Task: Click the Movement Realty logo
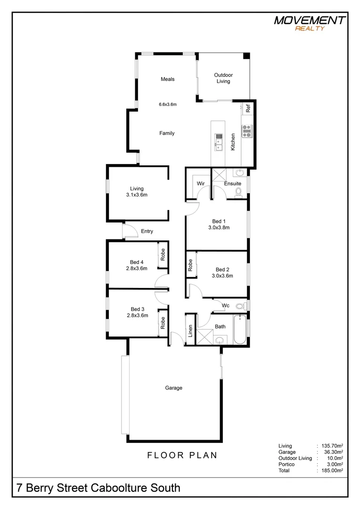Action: (x=310, y=23)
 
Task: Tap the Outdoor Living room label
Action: (x=223, y=78)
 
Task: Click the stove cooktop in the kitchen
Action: (x=247, y=131)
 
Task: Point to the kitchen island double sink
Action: (x=219, y=142)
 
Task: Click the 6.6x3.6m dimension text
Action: (x=167, y=105)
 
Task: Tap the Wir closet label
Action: (x=200, y=183)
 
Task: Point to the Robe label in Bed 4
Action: (x=163, y=254)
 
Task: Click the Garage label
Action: (x=173, y=388)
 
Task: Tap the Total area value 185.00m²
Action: (x=332, y=470)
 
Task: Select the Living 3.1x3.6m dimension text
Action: (x=137, y=195)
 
